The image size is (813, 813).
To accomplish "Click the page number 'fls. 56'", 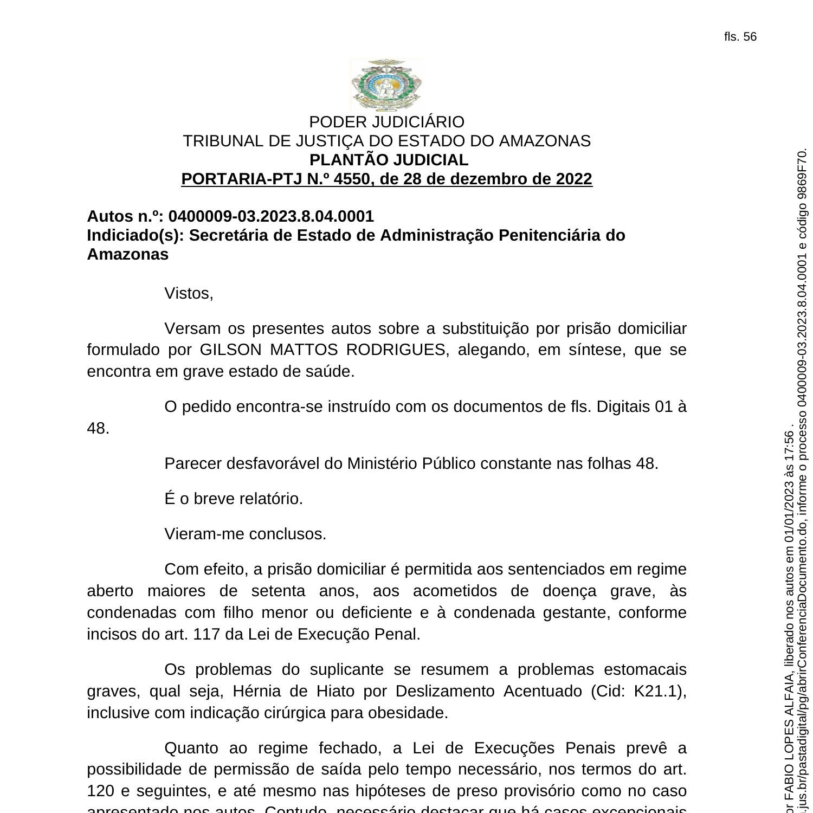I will (740, 37).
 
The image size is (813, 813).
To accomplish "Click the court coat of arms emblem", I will (386, 85).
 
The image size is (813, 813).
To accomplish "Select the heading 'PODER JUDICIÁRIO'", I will (386, 122).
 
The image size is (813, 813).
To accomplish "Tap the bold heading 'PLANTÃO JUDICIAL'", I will (389, 160).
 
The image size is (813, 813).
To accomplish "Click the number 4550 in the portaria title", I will (351, 179).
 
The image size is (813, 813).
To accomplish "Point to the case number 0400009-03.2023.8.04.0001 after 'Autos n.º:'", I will (271, 217).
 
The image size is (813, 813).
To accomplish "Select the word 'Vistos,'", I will (189, 294).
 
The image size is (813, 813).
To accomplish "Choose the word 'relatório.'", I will (270, 499).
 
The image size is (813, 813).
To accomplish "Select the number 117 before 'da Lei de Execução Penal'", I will (206, 635).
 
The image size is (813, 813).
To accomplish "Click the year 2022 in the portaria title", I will (574, 179).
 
